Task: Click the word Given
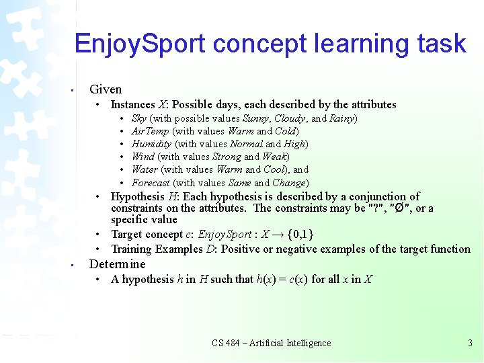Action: (x=106, y=89)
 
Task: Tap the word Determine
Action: (x=117, y=264)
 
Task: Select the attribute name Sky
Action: (x=139, y=118)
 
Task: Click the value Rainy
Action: (x=342, y=118)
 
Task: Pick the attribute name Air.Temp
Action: (x=150, y=131)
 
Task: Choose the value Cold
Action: (x=286, y=131)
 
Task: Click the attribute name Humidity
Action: (x=152, y=144)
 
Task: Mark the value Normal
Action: (x=246, y=144)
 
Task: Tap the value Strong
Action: (x=226, y=157)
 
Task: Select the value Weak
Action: (x=275, y=157)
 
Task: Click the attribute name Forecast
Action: (x=151, y=183)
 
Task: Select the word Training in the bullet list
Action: (x=133, y=249)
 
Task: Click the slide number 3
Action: (x=470, y=343)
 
